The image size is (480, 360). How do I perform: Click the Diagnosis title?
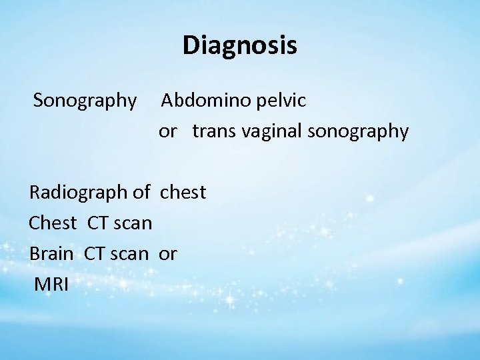click(x=239, y=46)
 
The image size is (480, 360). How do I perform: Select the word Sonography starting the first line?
click(x=85, y=101)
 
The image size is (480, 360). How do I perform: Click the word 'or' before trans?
click(x=167, y=132)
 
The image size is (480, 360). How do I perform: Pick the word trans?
click(x=213, y=132)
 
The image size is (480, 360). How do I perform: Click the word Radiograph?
click(x=79, y=193)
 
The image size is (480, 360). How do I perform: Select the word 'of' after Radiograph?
click(x=141, y=193)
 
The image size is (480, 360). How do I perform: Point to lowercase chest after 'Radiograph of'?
click(x=183, y=193)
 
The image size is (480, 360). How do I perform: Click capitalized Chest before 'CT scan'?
click(x=53, y=223)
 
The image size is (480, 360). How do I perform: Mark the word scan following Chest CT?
click(x=133, y=223)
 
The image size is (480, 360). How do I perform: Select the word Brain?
click(x=52, y=253)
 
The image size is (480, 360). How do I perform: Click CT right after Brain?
click(x=96, y=253)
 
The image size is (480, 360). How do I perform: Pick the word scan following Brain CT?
click(x=132, y=253)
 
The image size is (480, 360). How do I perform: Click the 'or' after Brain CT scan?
click(x=167, y=253)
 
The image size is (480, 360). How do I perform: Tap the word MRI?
click(x=51, y=284)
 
